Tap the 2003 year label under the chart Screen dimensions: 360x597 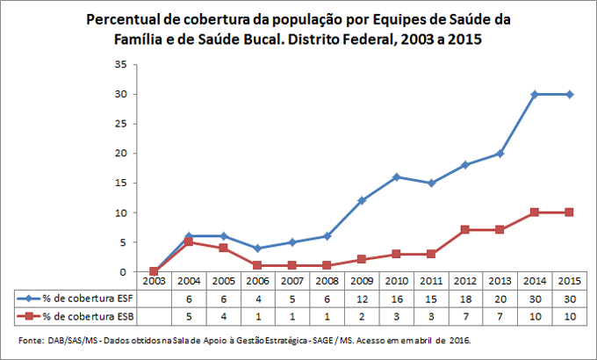(x=155, y=281)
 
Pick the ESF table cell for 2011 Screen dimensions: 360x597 (x=430, y=299)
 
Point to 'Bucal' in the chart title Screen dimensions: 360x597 (x=289, y=40)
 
